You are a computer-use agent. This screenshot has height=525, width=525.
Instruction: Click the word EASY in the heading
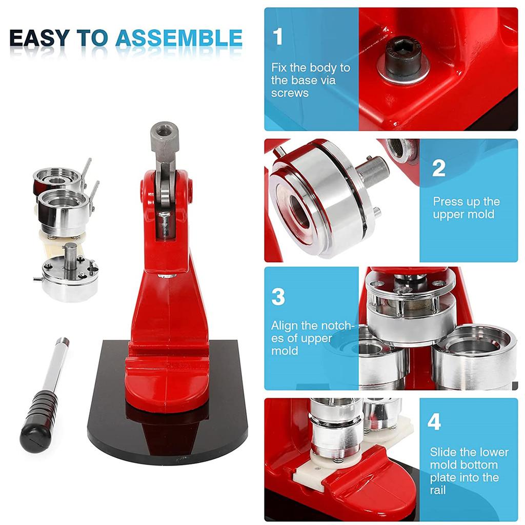click(39, 39)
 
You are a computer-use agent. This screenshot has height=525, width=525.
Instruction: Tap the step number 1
click(278, 37)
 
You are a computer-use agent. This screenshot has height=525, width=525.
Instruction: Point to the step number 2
click(438, 168)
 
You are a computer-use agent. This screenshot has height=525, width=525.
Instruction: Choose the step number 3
click(278, 297)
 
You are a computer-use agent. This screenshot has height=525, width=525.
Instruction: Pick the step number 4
click(434, 422)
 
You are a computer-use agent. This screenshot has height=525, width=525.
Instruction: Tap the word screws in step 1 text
click(290, 93)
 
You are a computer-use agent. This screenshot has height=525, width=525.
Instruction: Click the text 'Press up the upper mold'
click(466, 208)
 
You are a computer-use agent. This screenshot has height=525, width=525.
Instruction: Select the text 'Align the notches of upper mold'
click(312, 338)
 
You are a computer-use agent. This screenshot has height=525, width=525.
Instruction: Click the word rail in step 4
click(438, 490)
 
